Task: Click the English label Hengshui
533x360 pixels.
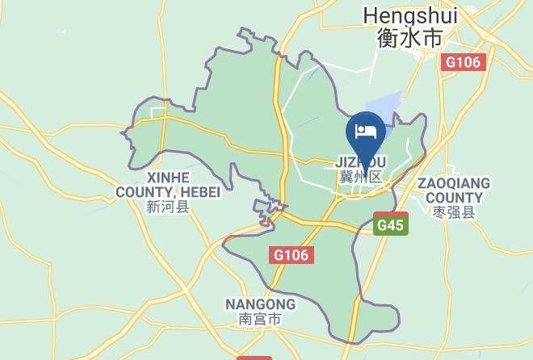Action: pyautogui.click(x=410, y=15)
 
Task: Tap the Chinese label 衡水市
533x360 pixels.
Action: pyautogui.click(x=410, y=37)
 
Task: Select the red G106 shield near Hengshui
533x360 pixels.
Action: pyautogui.click(x=464, y=62)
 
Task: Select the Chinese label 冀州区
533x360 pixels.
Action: pyautogui.click(x=361, y=177)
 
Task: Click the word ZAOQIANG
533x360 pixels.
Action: pyautogui.click(x=454, y=183)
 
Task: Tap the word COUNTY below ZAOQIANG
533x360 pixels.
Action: pyautogui.click(x=454, y=198)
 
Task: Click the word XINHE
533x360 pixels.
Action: pyautogui.click(x=168, y=177)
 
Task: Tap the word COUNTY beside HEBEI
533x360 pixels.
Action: pyautogui.click(x=145, y=191)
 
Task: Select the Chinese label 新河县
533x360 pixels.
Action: pyautogui.click(x=168, y=207)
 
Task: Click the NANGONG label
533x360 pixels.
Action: pyautogui.click(x=260, y=304)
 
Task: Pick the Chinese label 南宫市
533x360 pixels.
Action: pyautogui.click(x=260, y=320)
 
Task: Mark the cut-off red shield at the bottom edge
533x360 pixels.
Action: pyautogui.click(x=254, y=357)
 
